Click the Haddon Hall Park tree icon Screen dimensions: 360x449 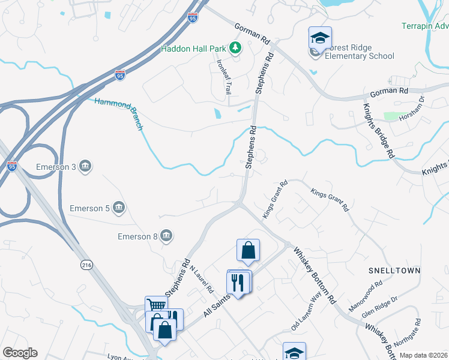(236, 49)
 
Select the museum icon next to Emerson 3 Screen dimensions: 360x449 (85, 166)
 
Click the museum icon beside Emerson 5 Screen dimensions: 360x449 (118, 208)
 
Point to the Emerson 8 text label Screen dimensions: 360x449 (134, 237)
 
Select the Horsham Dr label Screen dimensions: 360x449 (412, 107)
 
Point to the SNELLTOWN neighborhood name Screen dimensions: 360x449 (394, 271)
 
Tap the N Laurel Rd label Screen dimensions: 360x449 (203, 279)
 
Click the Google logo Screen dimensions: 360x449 (20, 353)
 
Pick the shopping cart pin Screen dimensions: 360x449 (155, 305)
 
